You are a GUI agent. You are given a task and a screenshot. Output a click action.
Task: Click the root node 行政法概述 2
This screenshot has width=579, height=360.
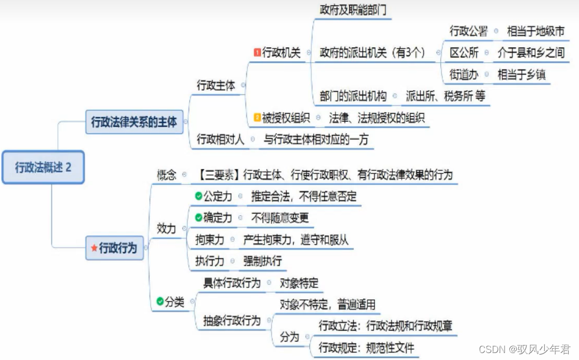[x=43, y=167]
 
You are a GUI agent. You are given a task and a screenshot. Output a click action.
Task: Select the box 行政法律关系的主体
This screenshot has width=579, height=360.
[x=133, y=122]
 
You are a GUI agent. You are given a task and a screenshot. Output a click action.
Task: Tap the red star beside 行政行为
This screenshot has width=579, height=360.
[x=94, y=248]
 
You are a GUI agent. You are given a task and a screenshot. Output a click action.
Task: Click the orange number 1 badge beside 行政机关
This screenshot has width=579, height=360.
[x=257, y=53]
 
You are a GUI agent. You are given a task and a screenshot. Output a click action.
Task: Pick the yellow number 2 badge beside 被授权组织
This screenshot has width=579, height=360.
[x=257, y=117]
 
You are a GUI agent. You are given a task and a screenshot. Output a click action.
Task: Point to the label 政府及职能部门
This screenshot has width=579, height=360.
[x=353, y=10]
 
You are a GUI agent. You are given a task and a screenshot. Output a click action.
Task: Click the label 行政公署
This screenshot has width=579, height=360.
[x=469, y=31]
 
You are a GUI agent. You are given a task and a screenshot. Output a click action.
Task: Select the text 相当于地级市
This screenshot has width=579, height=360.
[x=536, y=31]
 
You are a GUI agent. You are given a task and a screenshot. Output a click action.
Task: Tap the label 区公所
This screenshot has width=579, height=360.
[x=464, y=53]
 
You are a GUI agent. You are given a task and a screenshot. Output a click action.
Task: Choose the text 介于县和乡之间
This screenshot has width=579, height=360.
[x=531, y=53]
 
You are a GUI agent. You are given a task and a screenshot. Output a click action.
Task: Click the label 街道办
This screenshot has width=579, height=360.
[x=464, y=75]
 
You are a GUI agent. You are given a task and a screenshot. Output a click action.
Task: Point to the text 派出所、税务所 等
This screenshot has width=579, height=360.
[x=446, y=96]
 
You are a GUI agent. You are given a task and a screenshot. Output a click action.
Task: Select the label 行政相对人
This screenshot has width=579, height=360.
[x=220, y=139]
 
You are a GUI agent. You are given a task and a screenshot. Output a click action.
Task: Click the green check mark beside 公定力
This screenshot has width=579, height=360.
[x=198, y=196]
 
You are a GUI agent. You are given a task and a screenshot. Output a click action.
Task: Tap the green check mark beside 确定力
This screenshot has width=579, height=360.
[x=198, y=218]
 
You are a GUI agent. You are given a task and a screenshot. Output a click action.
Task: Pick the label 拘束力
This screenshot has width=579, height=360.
[x=210, y=240]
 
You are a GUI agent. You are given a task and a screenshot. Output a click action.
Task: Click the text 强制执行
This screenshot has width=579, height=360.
[x=262, y=261]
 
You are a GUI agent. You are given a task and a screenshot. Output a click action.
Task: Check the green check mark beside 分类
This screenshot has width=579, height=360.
[x=160, y=302]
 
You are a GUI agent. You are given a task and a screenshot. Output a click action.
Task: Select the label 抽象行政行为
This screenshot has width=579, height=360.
[x=232, y=321]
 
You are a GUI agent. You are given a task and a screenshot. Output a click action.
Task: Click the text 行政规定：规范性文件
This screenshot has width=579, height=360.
[x=367, y=348]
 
